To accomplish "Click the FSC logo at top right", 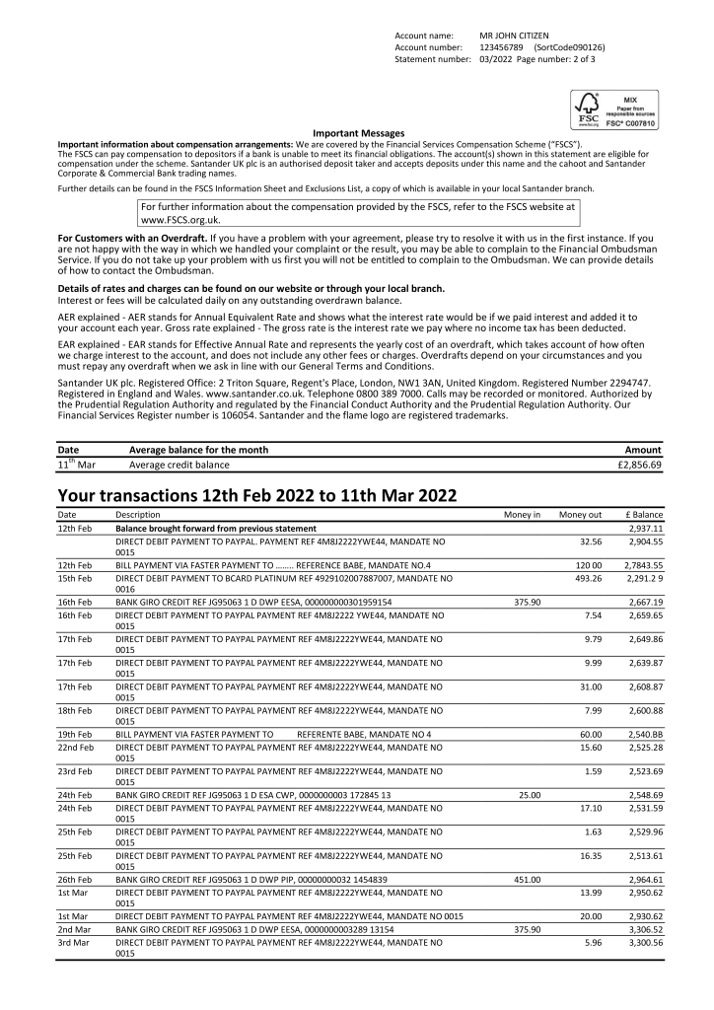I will point(614,109).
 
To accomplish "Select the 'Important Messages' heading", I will point(358,133).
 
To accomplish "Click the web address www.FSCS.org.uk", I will point(180,220).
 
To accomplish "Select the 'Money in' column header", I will point(522,515).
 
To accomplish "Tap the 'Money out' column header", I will point(580,515).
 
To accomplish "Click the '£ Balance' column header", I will point(643,515).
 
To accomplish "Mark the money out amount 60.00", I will point(590,734).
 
